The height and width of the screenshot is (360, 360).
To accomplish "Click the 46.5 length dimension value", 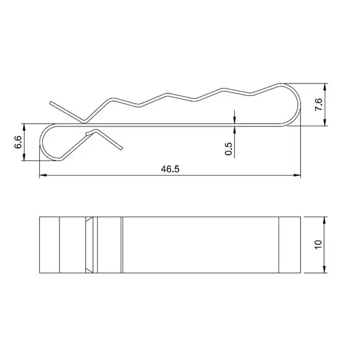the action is (x=170, y=169).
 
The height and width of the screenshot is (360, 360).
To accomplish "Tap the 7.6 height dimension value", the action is (x=319, y=104).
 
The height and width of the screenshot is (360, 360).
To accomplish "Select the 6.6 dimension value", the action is (x=18, y=142).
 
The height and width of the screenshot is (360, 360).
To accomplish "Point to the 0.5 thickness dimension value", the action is (x=229, y=149).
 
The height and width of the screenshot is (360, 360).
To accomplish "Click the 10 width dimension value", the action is (x=318, y=245).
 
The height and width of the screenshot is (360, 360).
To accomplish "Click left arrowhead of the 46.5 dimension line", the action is (x=43, y=175).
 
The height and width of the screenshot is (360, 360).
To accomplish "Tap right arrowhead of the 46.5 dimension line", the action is (x=297, y=175).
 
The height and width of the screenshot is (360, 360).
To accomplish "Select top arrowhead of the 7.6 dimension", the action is (x=325, y=87).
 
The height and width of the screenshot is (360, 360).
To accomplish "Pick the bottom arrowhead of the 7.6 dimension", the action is (x=325, y=123).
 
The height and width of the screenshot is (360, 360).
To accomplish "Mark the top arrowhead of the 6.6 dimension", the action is (x=24, y=127).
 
